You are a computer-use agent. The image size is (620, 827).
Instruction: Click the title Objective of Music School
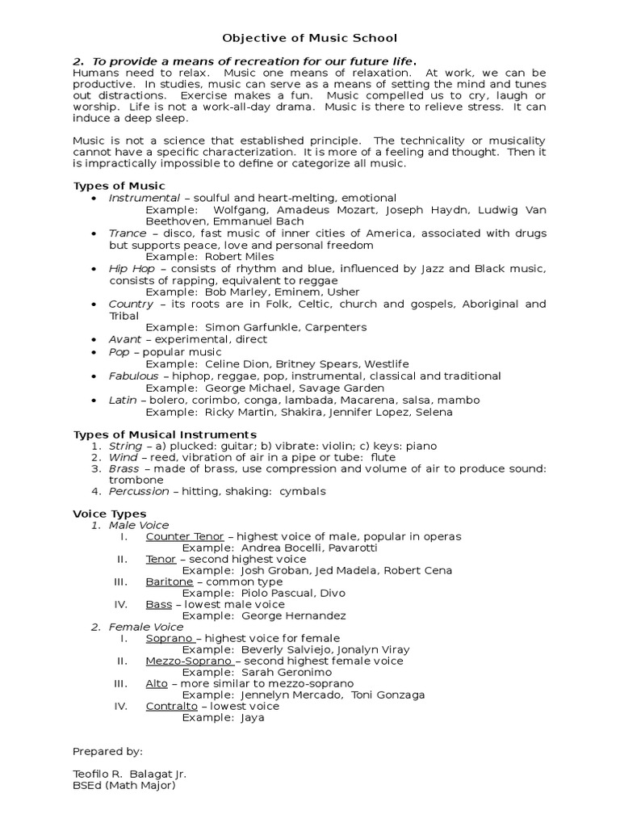click(x=310, y=38)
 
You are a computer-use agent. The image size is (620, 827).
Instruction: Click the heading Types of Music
click(x=119, y=187)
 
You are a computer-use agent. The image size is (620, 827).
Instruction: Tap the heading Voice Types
click(x=110, y=514)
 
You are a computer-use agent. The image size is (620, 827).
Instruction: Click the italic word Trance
click(x=128, y=233)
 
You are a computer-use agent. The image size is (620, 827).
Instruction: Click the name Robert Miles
click(x=240, y=257)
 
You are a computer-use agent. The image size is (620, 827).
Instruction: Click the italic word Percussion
click(x=139, y=491)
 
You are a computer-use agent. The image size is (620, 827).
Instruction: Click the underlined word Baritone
click(x=170, y=581)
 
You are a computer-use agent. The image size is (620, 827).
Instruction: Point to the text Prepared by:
click(x=107, y=751)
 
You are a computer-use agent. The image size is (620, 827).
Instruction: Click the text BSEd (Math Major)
click(x=124, y=785)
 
